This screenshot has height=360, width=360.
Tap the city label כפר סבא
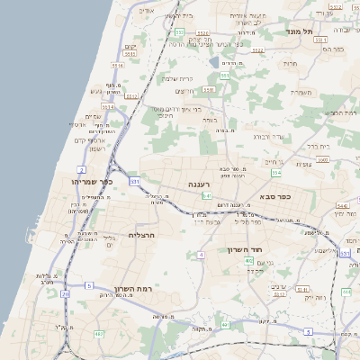[x=274, y=195]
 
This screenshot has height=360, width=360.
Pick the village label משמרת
[x=301, y=92]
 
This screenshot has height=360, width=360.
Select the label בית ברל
[x=319, y=146]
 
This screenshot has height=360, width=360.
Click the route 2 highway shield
[x=82, y=169]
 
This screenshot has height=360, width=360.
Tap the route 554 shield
[x=276, y=172]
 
